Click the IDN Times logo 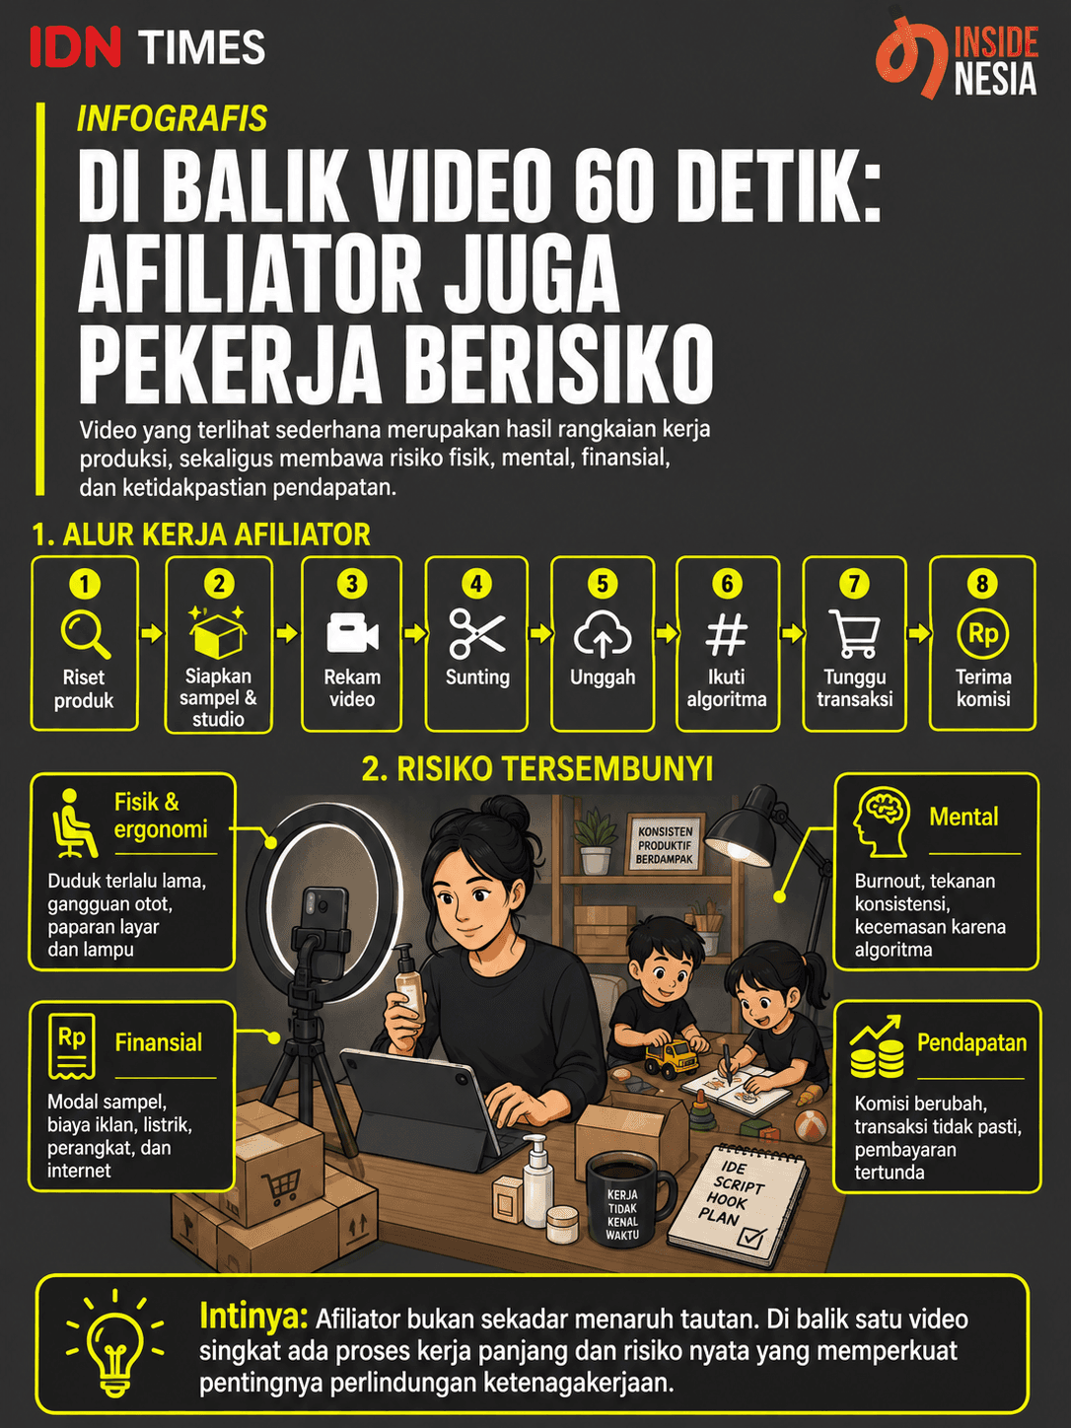(x=148, y=47)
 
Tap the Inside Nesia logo (x=956, y=58)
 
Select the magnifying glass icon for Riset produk (x=85, y=634)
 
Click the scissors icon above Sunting (x=476, y=634)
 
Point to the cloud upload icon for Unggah (x=603, y=633)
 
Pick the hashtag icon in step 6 (x=727, y=634)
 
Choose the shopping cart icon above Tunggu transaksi (x=854, y=633)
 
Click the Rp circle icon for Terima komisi (x=982, y=634)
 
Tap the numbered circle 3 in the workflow (x=352, y=584)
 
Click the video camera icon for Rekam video (x=352, y=632)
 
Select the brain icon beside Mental (x=881, y=821)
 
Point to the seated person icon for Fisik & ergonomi (x=74, y=822)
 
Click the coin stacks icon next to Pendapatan (x=877, y=1046)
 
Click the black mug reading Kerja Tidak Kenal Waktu (x=627, y=1203)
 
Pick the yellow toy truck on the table (x=670, y=1057)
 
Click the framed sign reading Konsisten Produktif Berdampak (x=666, y=844)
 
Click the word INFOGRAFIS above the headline (x=172, y=118)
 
